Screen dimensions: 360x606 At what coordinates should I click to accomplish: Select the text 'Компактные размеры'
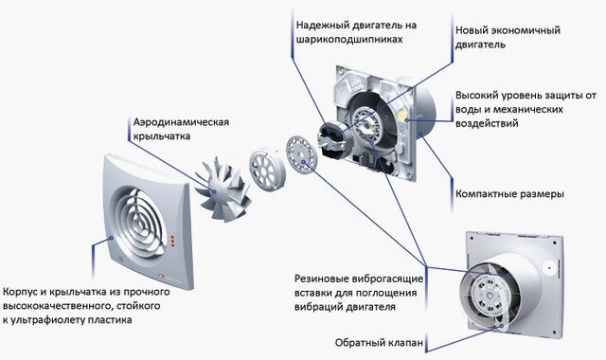tap(510, 193)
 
